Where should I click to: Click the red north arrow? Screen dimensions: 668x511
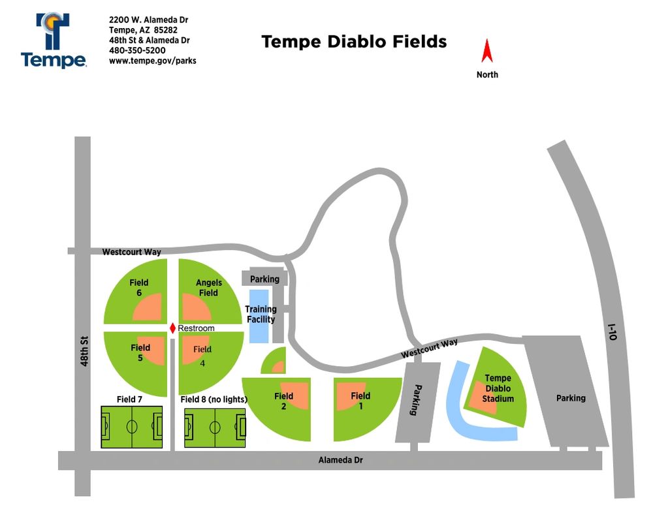487,51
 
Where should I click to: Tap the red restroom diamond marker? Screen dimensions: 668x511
172,328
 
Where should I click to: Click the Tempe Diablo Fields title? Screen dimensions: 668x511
354,42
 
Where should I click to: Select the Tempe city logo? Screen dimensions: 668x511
54,40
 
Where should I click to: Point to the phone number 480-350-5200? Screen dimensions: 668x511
137,50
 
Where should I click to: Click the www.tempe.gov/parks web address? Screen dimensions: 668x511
153,61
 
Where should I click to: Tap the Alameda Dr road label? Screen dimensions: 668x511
340,460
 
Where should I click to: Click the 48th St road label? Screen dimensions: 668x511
84,351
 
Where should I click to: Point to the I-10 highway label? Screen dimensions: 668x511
612,332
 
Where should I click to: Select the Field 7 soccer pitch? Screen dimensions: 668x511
132,427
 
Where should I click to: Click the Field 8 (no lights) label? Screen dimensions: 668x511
214,399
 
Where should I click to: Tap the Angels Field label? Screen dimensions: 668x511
209,287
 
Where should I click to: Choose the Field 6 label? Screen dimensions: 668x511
139,287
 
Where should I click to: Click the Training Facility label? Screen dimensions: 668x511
261,315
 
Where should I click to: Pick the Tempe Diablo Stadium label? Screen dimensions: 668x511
498,388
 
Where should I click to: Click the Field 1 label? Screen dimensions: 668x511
360,401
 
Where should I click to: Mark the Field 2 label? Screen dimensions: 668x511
284,401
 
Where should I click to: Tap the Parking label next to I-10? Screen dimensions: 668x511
571,398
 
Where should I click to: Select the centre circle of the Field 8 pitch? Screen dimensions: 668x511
215,427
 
